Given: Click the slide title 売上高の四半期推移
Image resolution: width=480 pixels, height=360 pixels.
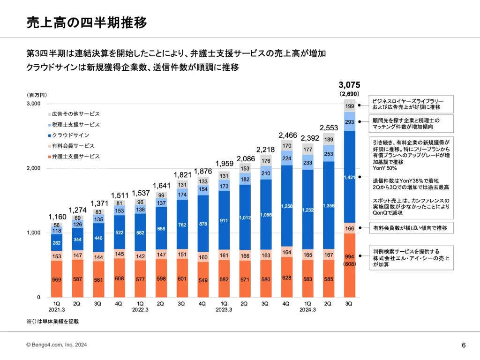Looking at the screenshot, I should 87,22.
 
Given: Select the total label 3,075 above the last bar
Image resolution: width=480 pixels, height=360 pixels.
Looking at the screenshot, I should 349,85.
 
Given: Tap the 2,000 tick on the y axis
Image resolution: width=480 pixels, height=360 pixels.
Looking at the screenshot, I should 34,168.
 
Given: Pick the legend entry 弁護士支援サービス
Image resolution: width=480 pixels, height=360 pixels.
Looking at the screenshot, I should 75,156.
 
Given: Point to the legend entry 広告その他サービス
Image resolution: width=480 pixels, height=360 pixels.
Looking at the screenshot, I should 75,114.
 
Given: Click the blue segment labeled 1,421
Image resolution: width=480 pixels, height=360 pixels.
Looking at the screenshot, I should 349,177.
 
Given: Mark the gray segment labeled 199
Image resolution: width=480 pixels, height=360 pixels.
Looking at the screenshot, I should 349,106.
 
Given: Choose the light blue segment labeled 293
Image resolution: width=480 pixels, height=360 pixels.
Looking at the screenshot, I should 349,121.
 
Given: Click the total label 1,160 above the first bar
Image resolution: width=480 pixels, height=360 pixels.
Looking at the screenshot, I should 58,217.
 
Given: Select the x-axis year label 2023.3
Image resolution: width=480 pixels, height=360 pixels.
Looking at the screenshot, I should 224,309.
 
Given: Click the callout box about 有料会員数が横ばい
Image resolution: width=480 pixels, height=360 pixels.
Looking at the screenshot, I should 410,228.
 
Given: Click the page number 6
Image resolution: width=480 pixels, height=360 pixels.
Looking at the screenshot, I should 464,345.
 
